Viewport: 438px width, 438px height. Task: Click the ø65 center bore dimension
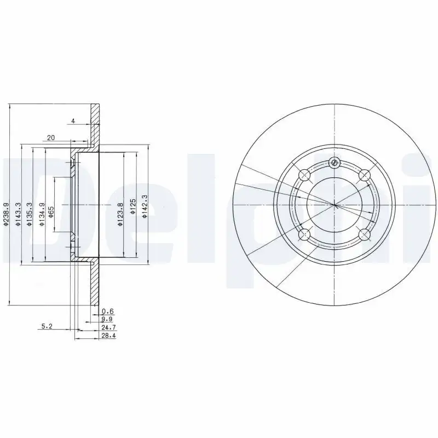pos(51,212)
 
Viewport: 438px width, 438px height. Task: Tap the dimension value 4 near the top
pos(72,120)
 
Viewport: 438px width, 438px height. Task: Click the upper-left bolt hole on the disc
pos(305,175)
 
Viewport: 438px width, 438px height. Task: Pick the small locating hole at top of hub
pos(335,162)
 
